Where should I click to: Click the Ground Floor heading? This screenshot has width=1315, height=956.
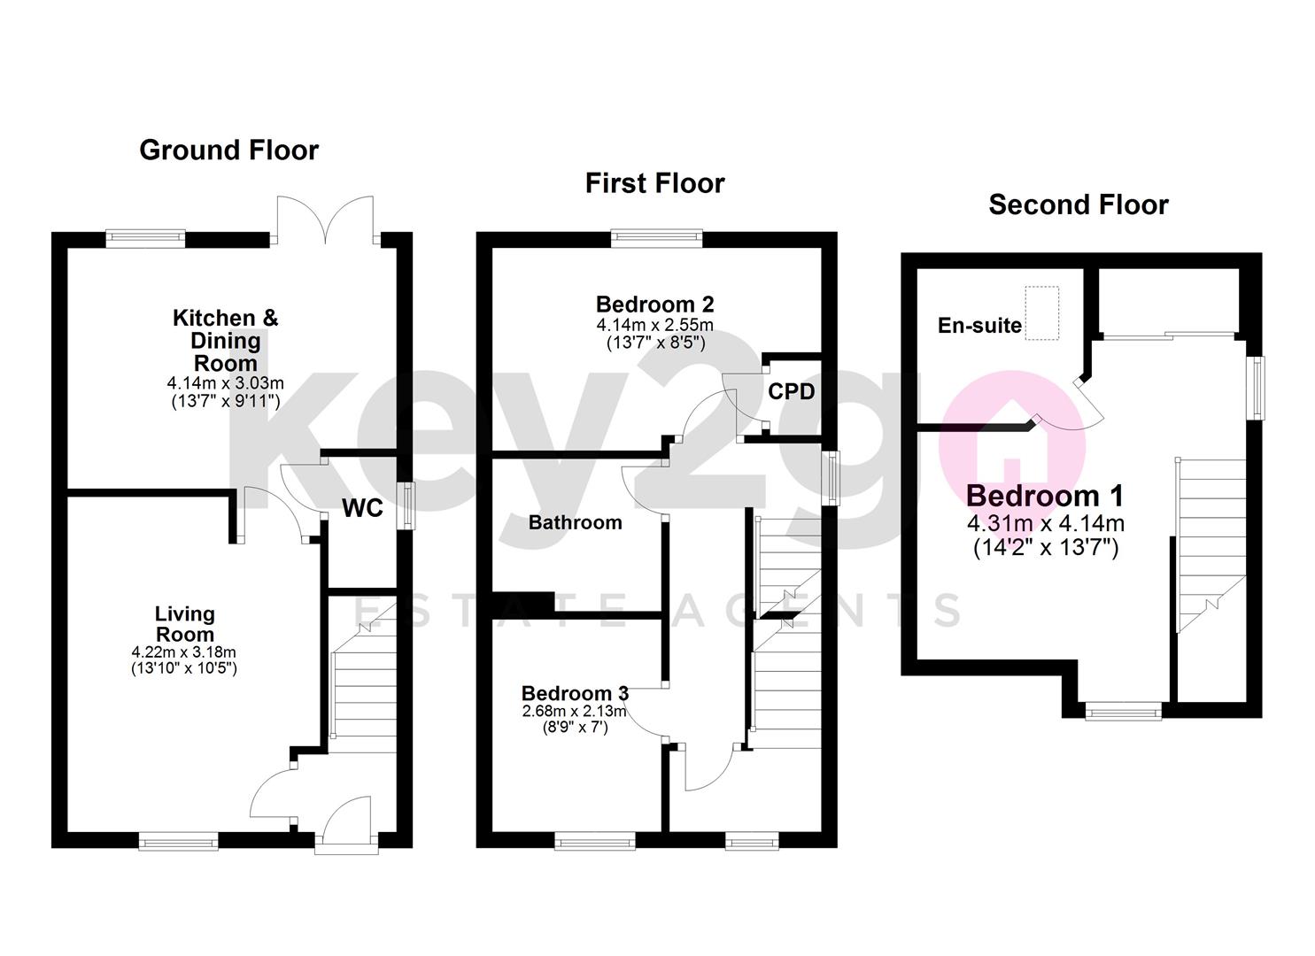pos(228,150)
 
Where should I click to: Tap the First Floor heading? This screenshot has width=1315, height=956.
pos(654,183)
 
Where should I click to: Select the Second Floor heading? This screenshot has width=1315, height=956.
pos(1078,205)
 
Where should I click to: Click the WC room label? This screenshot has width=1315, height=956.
pos(362,508)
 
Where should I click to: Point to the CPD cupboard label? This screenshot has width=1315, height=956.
pos(791,391)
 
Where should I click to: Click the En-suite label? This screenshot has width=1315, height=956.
pos(979,326)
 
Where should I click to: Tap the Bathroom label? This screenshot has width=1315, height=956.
pos(575,522)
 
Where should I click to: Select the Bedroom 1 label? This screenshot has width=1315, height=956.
pos(1045,496)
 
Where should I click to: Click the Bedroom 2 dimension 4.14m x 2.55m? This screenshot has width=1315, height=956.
pos(654,325)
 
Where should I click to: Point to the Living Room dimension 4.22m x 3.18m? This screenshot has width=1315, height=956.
pos(184,652)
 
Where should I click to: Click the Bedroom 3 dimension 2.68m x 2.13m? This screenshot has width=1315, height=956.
pos(574,711)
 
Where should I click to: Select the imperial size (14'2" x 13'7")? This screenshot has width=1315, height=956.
pos(1045,548)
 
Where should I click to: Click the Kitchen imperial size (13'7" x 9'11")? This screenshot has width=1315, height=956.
pos(225,400)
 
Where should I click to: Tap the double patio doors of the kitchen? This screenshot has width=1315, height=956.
pos(327,220)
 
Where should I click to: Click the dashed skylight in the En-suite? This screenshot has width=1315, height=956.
pos(1041,312)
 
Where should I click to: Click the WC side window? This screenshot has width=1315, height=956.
pos(406,505)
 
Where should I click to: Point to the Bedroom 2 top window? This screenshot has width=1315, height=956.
pos(656,236)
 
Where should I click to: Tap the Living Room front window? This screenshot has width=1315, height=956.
pos(178,840)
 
